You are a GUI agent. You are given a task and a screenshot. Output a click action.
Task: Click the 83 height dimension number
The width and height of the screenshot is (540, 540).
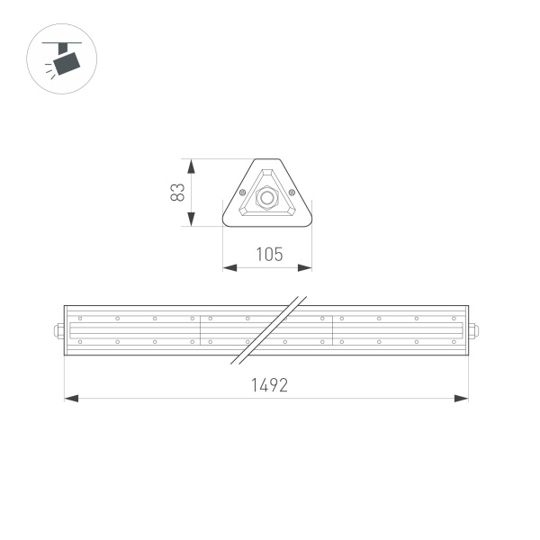[x=178, y=192]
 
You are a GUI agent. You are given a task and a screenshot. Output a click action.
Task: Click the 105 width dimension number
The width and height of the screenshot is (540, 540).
[x=267, y=255]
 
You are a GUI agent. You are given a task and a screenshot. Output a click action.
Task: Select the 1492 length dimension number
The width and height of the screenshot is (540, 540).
[x=267, y=385]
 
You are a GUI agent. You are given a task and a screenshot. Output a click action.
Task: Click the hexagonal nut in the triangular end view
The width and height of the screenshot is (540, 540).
[x=266, y=196]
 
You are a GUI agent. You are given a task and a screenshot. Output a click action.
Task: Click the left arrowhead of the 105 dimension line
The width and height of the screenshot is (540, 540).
[x=229, y=267]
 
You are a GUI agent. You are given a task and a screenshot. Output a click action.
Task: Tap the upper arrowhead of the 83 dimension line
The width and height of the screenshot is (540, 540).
[x=191, y=165]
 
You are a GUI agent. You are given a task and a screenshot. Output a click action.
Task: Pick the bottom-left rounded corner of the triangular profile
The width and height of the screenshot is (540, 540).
[x=226, y=220]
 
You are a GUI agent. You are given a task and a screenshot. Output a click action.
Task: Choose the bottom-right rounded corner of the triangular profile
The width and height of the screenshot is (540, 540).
[x=308, y=220]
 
